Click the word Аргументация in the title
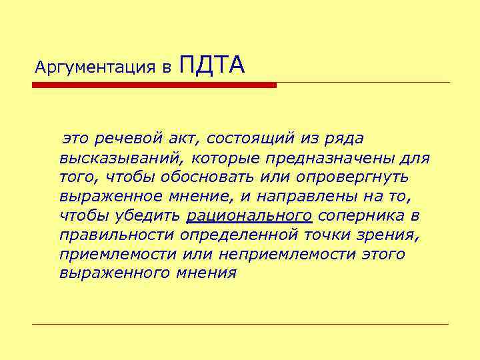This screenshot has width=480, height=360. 94,67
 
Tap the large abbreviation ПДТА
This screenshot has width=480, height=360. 213,65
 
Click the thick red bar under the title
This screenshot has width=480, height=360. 154,85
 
